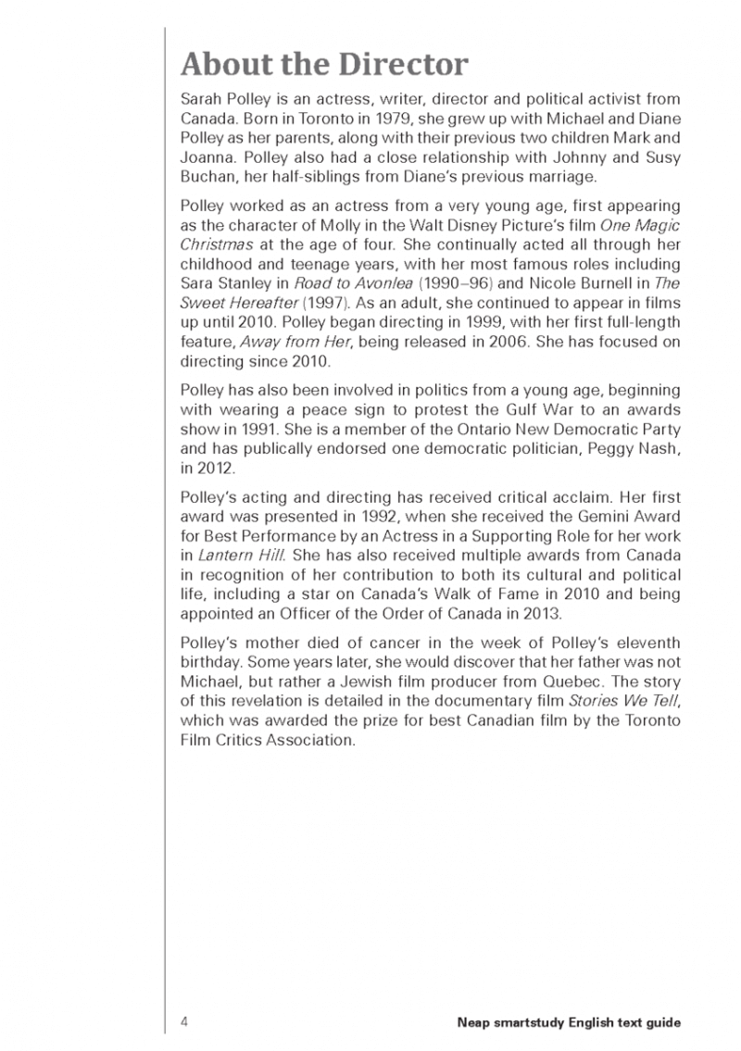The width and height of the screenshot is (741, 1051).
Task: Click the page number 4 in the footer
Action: [185, 1022]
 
